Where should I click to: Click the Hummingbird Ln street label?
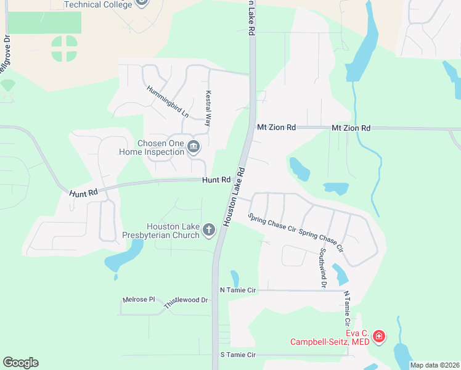(168, 101)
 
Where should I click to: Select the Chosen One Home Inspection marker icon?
(194, 147)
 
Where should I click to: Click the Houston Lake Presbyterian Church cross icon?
(209, 230)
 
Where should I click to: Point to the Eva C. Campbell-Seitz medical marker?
(379, 337)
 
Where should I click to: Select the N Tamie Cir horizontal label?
(237, 290)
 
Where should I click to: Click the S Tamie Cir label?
(237, 355)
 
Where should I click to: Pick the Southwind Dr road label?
(322, 268)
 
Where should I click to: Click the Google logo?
(20, 363)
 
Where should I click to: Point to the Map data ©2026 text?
(434, 365)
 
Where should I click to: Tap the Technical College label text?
(99, 4)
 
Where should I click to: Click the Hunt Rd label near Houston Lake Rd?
(216, 180)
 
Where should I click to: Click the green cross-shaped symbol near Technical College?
(65, 49)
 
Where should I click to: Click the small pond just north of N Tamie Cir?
(235, 278)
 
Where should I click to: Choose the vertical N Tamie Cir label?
(347, 309)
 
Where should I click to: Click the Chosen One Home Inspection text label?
(160, 147)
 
